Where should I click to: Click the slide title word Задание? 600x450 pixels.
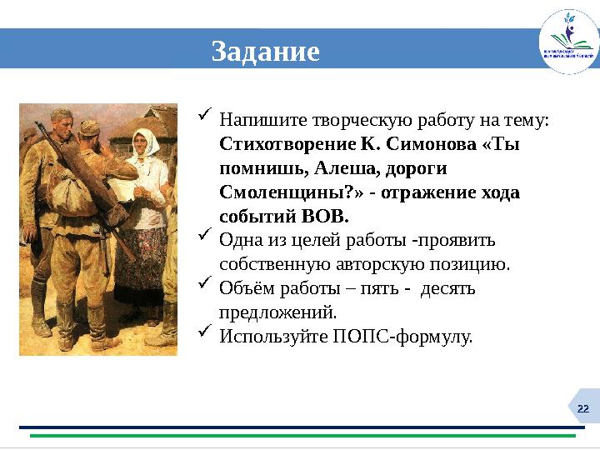[265, 52]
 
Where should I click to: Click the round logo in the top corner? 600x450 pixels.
[568, 42]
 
